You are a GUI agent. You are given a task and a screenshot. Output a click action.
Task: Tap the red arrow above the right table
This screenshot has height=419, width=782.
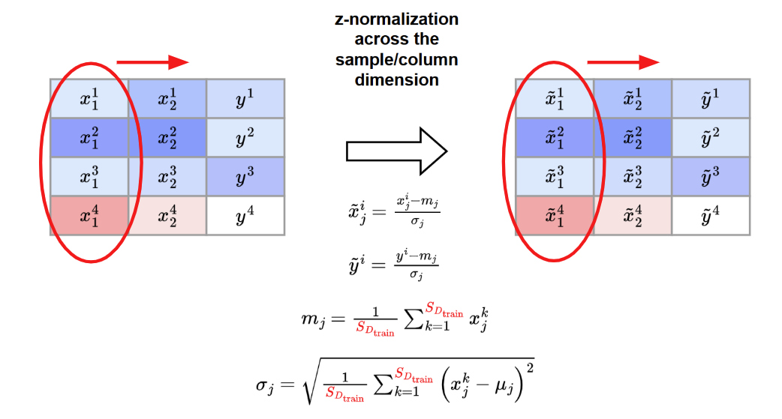(622, 62)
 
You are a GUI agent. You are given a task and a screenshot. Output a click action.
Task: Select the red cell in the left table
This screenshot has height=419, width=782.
(89, 215)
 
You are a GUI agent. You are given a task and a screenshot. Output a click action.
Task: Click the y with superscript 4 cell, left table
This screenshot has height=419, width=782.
(245, 215)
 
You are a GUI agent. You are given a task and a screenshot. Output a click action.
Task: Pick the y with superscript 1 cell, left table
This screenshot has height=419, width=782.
(245, 98)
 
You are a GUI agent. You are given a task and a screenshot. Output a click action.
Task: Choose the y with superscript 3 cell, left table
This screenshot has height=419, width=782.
(245, 176)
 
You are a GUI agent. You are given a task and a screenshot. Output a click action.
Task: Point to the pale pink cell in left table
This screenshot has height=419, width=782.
(167, 215)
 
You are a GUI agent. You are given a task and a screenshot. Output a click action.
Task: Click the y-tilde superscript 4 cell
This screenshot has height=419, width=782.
(711, 215)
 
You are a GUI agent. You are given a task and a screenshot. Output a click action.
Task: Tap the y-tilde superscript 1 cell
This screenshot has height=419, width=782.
(711, 98)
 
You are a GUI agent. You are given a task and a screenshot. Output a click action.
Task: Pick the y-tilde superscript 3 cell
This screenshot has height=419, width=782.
(711, 176)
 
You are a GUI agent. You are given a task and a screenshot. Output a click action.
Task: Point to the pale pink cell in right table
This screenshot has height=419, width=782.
(633, 215)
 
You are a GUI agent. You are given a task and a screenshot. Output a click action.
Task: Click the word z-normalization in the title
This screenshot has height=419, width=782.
(396, 19)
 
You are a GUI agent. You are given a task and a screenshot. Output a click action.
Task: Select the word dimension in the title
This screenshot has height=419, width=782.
(396, 79)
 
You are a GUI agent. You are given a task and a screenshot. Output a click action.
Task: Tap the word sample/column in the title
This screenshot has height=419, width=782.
(396, 59)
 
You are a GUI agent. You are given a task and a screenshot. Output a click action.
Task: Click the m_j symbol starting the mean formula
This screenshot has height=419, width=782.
(312, 320)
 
